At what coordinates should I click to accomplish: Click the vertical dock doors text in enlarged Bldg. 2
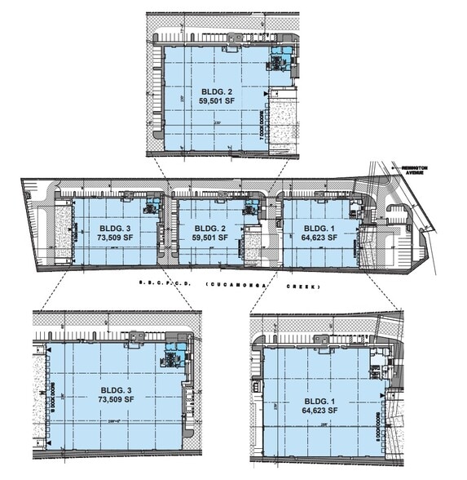click(262, 125)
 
